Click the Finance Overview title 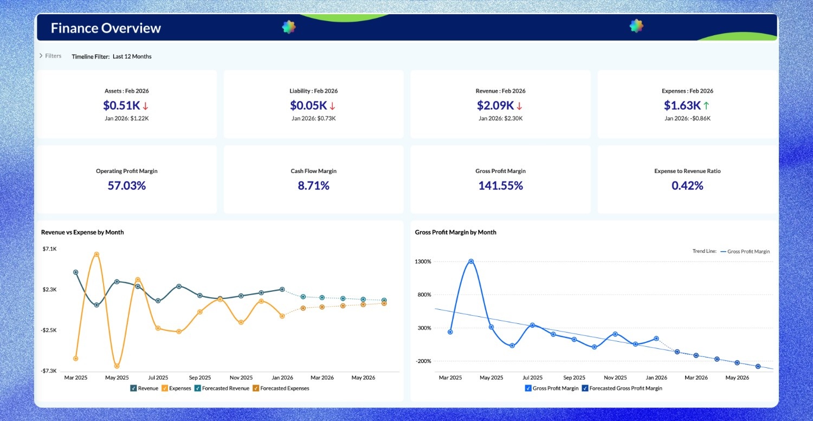click(x=106, y=28)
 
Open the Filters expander click(x=50, y=56)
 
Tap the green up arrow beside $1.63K click(x=706, y=105)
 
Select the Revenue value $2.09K click(x=495, y=105)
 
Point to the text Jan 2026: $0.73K click(x=313, y=118)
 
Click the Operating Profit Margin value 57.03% click(x=126, y=186)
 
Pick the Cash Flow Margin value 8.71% click(x=313, y=186)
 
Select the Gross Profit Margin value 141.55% click(x=500, y=186)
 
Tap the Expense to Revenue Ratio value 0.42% click(x=687, y=186)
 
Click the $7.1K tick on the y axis click(x=49, y=248)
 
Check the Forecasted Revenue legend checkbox click(x=198, y=388)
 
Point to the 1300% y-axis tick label click(x=422, y=261)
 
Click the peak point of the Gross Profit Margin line click(x=471, y=261)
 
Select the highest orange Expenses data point click(x=96, y=254)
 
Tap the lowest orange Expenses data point click(x=117, y=366)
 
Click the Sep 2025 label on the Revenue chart click(x=200, y=378)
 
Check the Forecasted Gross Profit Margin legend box click(x=585, y=388)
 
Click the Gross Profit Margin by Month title click(x=455, y=232)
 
